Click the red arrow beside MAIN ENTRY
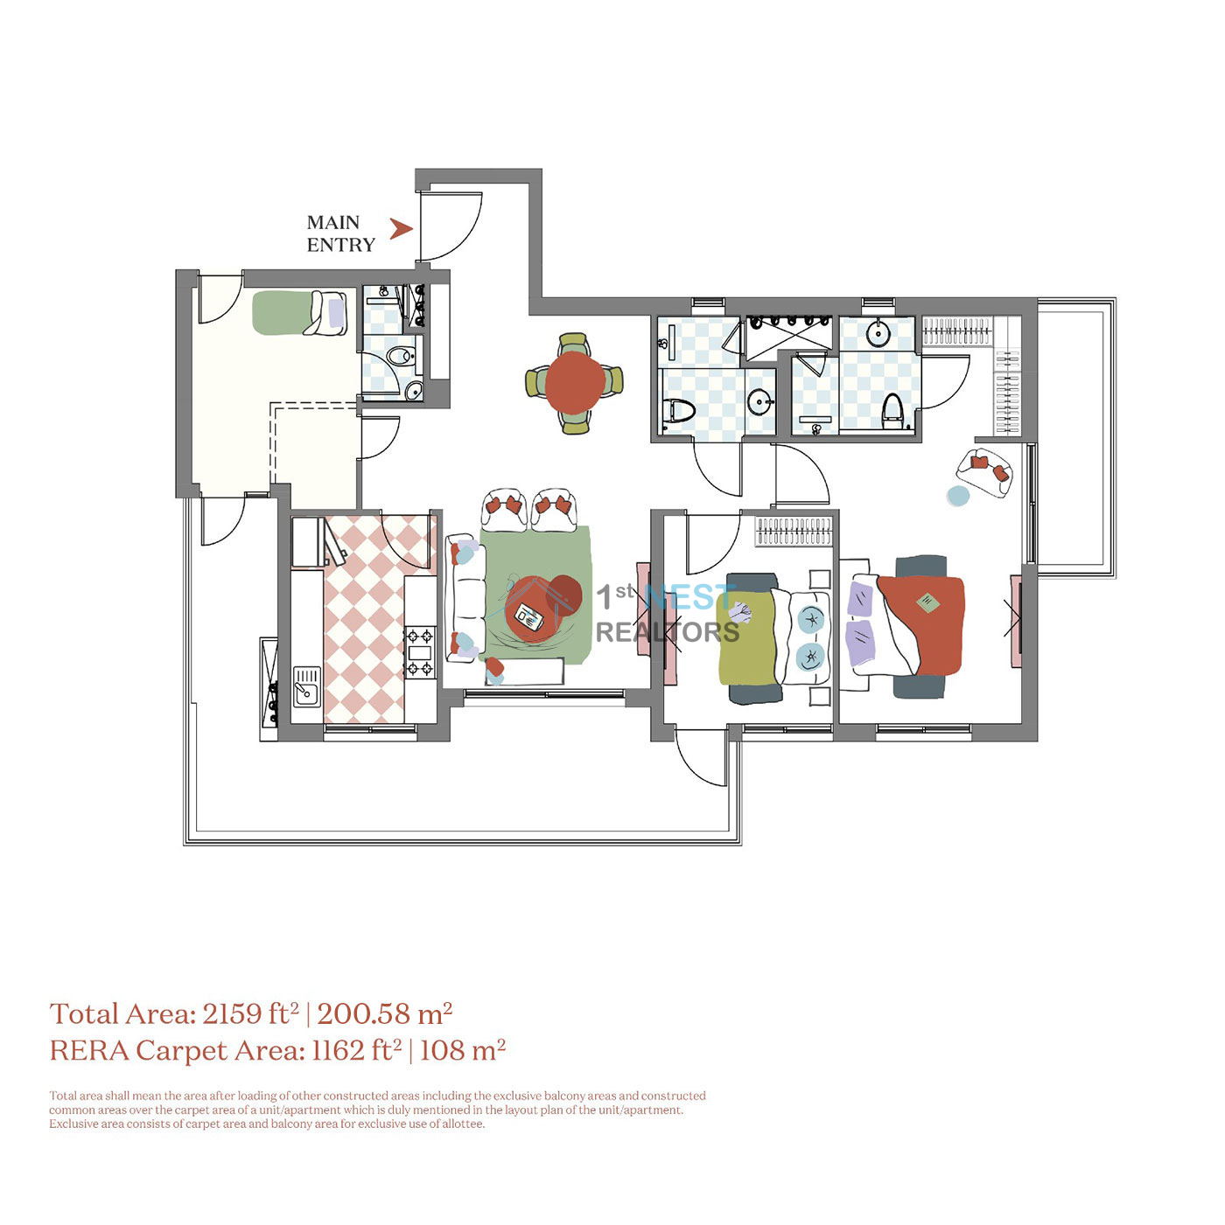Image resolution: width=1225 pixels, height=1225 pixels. click(x=401, y=229)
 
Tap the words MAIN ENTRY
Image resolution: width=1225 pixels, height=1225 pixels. click(x=340, y=233)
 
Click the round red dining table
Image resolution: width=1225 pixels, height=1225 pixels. click(x=574, y=383)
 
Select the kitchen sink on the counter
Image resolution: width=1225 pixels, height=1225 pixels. click(x=307, y=686)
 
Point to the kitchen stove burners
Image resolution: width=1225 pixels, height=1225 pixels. click(x=419, y=651)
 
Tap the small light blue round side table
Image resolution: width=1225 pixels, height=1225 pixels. click(x=958, y=495)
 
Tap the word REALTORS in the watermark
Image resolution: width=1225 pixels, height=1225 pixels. click(x=668, y=632)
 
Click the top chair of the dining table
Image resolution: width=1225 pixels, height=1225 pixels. click(x=573, y=345)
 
